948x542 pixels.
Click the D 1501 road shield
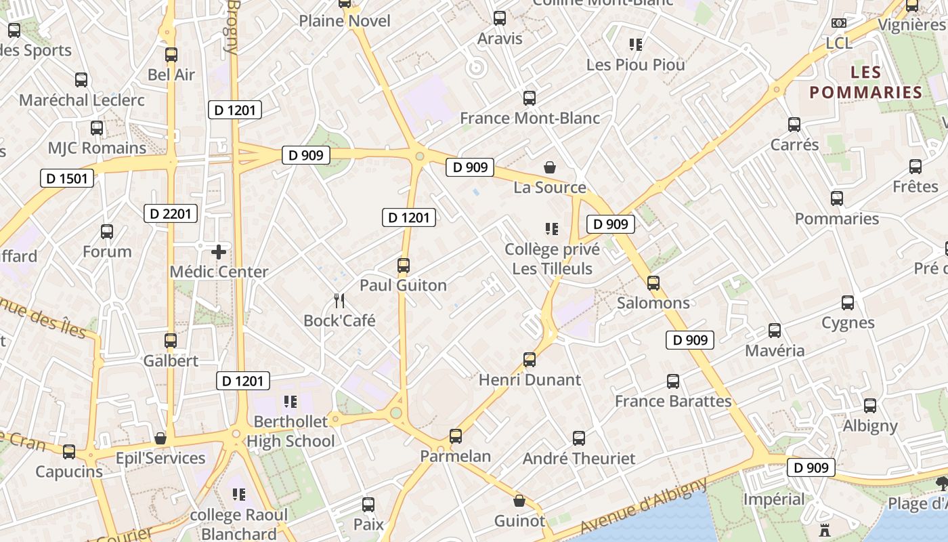coord(67,178)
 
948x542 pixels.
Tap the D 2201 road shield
coord(171,213)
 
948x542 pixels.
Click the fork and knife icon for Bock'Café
coord(339,301)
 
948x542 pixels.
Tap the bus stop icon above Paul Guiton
coord(404,266)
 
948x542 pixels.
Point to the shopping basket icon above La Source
coord(550,167)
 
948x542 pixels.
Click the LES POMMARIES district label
coord(866,82)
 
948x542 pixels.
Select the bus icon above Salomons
coord(653,283)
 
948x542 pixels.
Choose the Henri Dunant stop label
coord(530,379)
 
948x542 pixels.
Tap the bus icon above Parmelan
coord(456,436)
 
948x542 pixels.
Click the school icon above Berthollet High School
coord(290,402)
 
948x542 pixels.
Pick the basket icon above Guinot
coord(519,501)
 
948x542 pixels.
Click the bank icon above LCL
coord(839,23)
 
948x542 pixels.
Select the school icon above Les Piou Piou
coord(635,45)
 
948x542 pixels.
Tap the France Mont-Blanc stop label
coord(530,118)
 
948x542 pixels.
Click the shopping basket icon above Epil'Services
coord(160,439)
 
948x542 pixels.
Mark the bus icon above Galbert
coord(171,341)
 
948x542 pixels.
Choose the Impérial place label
coord(774,499)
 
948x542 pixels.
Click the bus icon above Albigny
coord(870,406)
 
